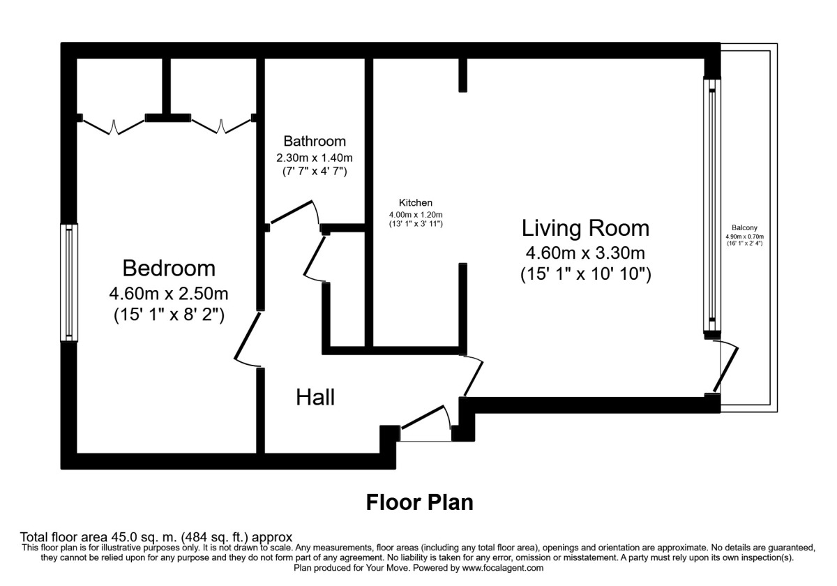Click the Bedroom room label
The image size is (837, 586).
pyautogui.click(x=169, y=268)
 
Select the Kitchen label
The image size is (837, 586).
pyautogui.click(x=416, y=203)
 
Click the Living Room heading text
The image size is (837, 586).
pyautogui.click(x=585, y=228)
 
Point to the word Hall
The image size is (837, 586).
pyautogui.click(x=315, y=398)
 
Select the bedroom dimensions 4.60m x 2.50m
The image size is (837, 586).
pyautogui.click(x=169, y=292)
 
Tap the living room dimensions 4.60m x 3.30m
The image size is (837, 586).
pyautogui.click(x=585, y=253)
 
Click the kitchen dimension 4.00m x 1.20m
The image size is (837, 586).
pyautogui.click(x=416, y=214)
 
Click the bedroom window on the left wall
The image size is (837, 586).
pyautogui.click(x=69, y=282)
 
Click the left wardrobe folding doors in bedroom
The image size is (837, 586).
pyautogui.click(x=112, y=126)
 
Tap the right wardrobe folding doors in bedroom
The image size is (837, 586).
pyautogui.click(x=220, y=126)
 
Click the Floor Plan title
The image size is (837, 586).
pyautogui.click(x=419, y=502)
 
